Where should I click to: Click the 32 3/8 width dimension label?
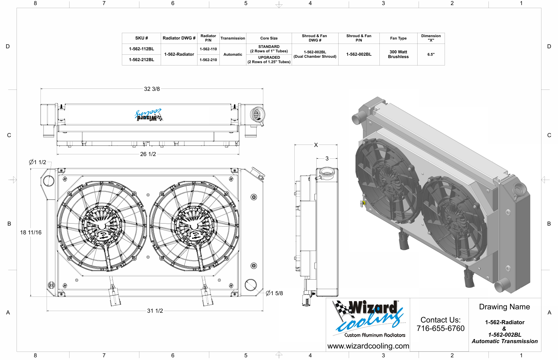point(152,89)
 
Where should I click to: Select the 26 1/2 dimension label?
point(148,154)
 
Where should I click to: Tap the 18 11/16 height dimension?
point(31,232)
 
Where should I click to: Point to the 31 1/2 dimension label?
point(155,311)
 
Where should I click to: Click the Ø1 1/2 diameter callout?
point(37,162)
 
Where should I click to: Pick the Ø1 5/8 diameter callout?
point(274,293)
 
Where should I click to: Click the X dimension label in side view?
point(316,145)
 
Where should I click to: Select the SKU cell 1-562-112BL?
point(141,49)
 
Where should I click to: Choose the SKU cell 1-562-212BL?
point(141,60)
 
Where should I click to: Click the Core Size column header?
point(269,38)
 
